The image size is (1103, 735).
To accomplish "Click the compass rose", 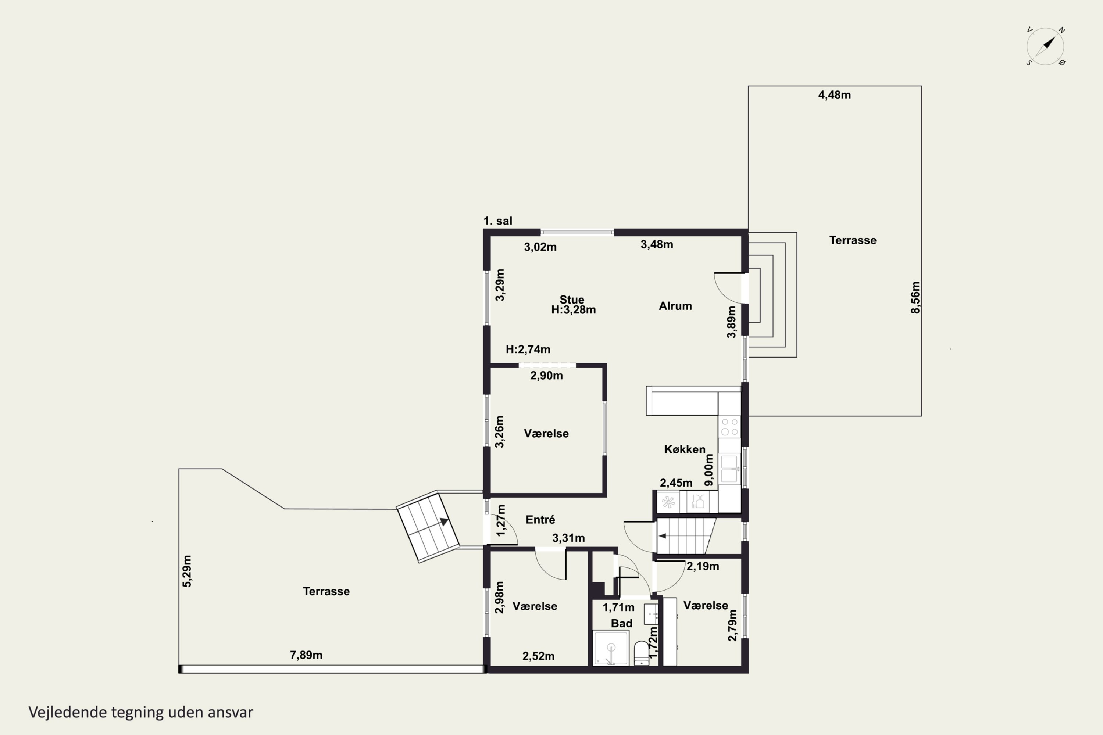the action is click(1045, 46).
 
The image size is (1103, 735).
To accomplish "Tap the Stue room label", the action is click(572, 300).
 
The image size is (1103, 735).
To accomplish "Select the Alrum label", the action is click(675, 306).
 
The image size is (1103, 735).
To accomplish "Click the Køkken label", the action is click(685, 449).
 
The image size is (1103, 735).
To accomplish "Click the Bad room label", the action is click(621, 623).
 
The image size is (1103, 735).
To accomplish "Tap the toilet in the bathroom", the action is click(641, 653).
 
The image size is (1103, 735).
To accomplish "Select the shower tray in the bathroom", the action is click(611, 648).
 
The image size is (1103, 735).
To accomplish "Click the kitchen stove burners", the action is click(730, 427).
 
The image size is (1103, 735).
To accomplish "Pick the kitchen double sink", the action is click(729, 469).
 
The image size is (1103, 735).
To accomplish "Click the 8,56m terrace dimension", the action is click(915, 298).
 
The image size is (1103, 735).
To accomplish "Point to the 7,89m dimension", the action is click(306, 655).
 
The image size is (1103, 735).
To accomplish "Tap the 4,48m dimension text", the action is click(834, 95).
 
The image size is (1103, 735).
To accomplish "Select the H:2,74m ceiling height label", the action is click(528, 349).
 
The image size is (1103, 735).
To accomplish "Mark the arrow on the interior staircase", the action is click(662, 536).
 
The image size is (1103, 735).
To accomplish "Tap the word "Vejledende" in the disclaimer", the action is click(68, 712).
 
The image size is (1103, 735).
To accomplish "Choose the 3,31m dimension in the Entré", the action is click(568, 538).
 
